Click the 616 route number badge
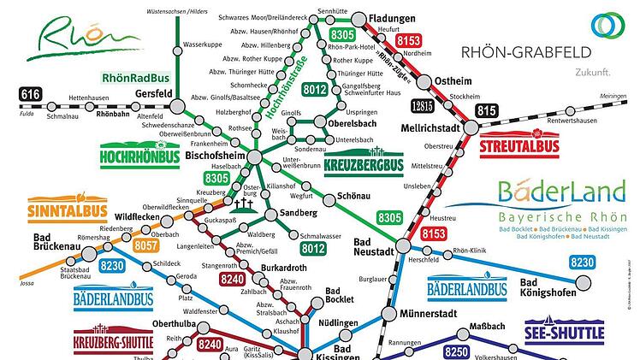32,94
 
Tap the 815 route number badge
488,109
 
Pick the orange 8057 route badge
146,245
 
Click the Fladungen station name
393,17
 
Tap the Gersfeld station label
154,94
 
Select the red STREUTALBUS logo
519,144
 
